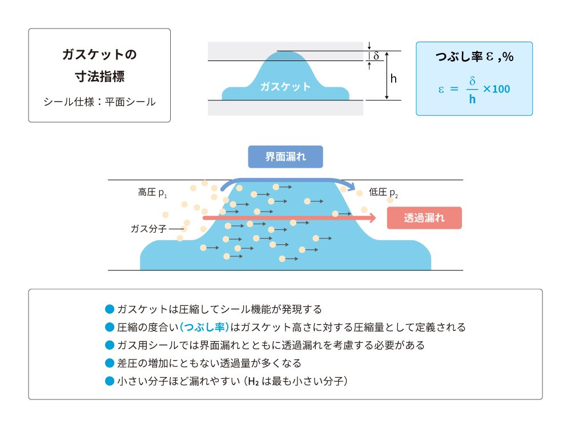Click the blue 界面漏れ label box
(285, 157)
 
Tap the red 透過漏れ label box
(424, 217)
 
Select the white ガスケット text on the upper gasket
(285, 87)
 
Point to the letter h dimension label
(393, 79)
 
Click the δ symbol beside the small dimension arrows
(376, 56)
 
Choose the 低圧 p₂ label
(383, 193)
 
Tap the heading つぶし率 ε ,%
(474, 57)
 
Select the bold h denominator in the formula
(472, 99)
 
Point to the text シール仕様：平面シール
(99, 102)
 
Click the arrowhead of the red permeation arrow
(372, 217)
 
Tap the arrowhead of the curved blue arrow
(354, 190)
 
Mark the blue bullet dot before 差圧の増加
(110, 363)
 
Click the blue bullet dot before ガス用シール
(110, 345)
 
